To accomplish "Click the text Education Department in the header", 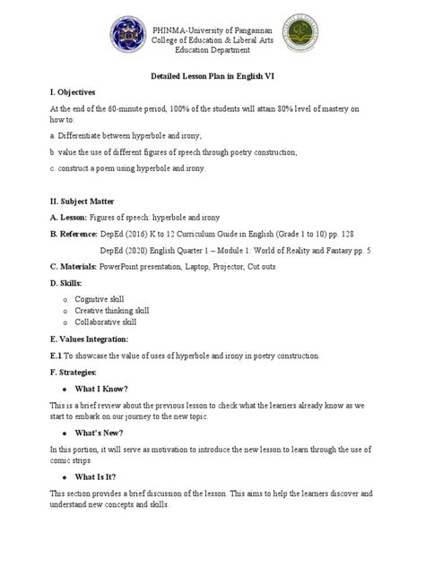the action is (x=212, y=52).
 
